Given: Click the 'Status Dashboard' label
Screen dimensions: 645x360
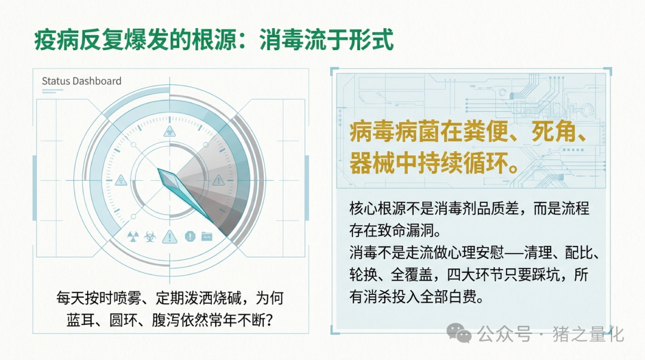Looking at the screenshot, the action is coord(81,81).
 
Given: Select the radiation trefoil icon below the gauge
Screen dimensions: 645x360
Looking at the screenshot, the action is coord(133,236).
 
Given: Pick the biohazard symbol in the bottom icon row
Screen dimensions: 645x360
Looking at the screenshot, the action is coord(150,236).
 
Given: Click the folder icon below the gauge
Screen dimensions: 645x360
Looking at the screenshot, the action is coord(207,236).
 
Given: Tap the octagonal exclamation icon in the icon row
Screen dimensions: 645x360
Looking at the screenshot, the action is coord(190,236).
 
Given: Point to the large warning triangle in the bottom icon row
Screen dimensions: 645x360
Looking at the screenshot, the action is coord(170,236).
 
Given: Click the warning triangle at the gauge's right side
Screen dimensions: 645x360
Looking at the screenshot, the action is coord(219,180).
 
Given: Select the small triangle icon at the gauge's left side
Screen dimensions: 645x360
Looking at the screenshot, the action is coord(121,180).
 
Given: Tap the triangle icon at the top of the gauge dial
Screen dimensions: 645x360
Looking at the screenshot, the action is coord(170,132).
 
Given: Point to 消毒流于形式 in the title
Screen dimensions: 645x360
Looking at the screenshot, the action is coord(327,40).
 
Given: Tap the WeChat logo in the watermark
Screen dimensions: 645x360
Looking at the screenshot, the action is coord(459,333).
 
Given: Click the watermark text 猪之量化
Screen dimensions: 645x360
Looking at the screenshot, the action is coord(588,334).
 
